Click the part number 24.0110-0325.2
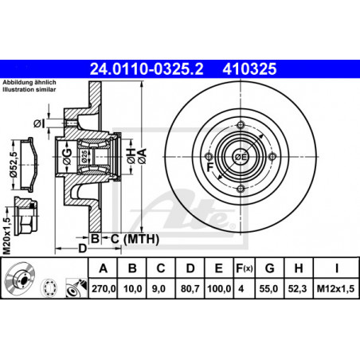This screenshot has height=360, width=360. point(147,69)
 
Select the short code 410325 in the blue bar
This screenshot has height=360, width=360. point(249,69)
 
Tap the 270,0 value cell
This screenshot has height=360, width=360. point(104,288)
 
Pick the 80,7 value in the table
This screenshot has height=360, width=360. point(190,288)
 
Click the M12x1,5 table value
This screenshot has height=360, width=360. point(335,288)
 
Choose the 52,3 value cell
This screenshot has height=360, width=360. point(299,288)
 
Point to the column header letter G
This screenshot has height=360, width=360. point(269,268)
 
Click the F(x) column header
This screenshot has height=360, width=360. point(245,268)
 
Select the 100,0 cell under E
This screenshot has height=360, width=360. point(219,288)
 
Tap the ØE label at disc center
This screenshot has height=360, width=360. point(241,157)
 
